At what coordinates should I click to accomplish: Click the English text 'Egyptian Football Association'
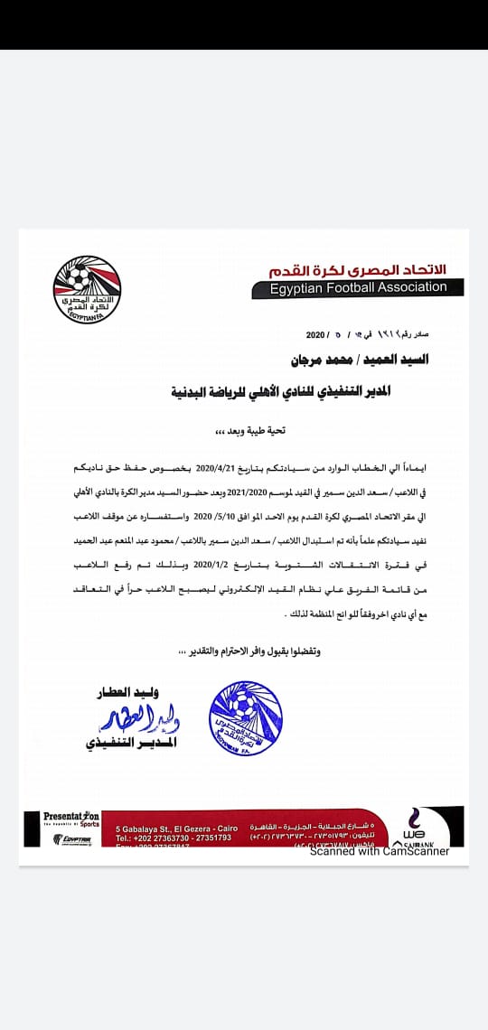pos(359,288)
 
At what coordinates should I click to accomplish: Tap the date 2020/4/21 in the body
pos(218,471)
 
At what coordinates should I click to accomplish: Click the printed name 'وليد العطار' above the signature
pos(127,694)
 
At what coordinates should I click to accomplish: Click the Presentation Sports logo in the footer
pos(72,819)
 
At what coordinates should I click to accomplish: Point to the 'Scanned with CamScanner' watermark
pos(380,851)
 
